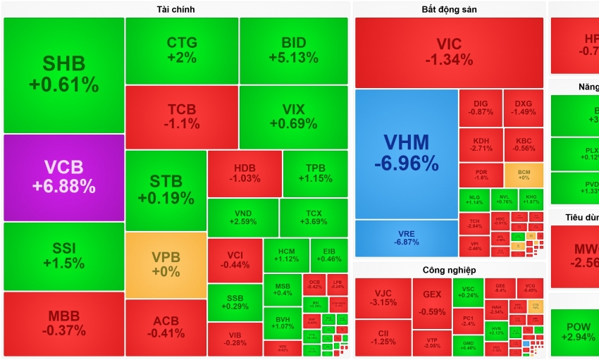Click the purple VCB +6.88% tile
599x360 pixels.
63,178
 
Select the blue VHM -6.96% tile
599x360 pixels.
406,154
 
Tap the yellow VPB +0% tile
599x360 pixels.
166,265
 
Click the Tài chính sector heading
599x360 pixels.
175,9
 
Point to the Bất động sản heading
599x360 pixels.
449,9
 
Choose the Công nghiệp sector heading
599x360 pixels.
449,270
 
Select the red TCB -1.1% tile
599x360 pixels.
182,117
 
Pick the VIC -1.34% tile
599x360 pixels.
449,52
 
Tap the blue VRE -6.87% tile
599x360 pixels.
406,238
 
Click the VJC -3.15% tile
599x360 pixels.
383,297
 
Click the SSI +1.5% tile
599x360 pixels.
63,256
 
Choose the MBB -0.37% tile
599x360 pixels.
63,323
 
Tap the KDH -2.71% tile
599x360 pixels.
481,144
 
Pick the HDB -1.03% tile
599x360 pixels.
244,173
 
